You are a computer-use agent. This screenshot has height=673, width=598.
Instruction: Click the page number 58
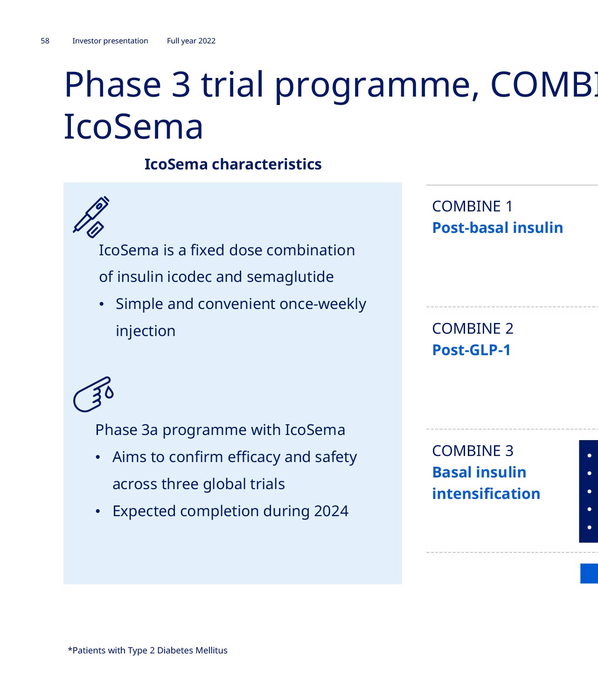45,41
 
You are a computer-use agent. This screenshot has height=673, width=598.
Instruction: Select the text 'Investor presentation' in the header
110,41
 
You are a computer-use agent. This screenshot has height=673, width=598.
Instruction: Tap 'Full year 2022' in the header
191,41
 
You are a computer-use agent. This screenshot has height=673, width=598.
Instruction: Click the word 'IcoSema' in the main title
133,126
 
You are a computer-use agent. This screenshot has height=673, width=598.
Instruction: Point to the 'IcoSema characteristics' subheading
233,164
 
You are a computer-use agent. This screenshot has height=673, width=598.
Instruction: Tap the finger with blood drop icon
93,394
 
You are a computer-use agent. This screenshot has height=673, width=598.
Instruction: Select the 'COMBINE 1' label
472,206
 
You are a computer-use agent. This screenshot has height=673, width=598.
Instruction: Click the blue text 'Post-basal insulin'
497,228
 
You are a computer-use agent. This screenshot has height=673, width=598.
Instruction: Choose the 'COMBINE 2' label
473,329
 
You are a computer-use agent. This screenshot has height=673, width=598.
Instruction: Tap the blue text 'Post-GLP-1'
471,350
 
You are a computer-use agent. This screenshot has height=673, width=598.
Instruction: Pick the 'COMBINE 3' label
473,451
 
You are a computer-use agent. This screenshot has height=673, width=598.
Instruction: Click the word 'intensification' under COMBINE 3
486,494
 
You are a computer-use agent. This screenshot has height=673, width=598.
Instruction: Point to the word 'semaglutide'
290,277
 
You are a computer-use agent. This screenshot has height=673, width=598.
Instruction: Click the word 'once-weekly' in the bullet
323,304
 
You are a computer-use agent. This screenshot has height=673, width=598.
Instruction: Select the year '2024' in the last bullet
331,511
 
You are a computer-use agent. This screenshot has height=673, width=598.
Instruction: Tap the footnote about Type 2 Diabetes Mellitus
147,650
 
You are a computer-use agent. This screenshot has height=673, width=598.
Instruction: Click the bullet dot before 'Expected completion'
97,512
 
